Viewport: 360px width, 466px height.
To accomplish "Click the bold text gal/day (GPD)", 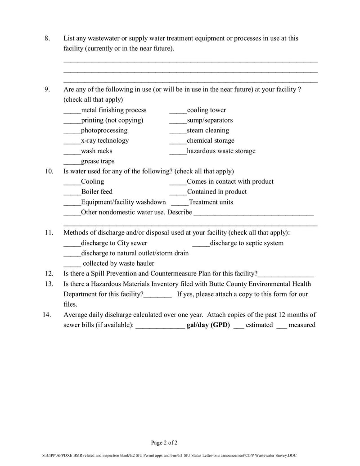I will (208, 325).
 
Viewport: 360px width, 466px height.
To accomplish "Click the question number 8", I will (47, 38).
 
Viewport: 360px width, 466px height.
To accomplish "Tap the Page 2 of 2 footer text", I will (164, 442).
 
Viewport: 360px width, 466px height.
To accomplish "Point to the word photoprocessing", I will (104, 131).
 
